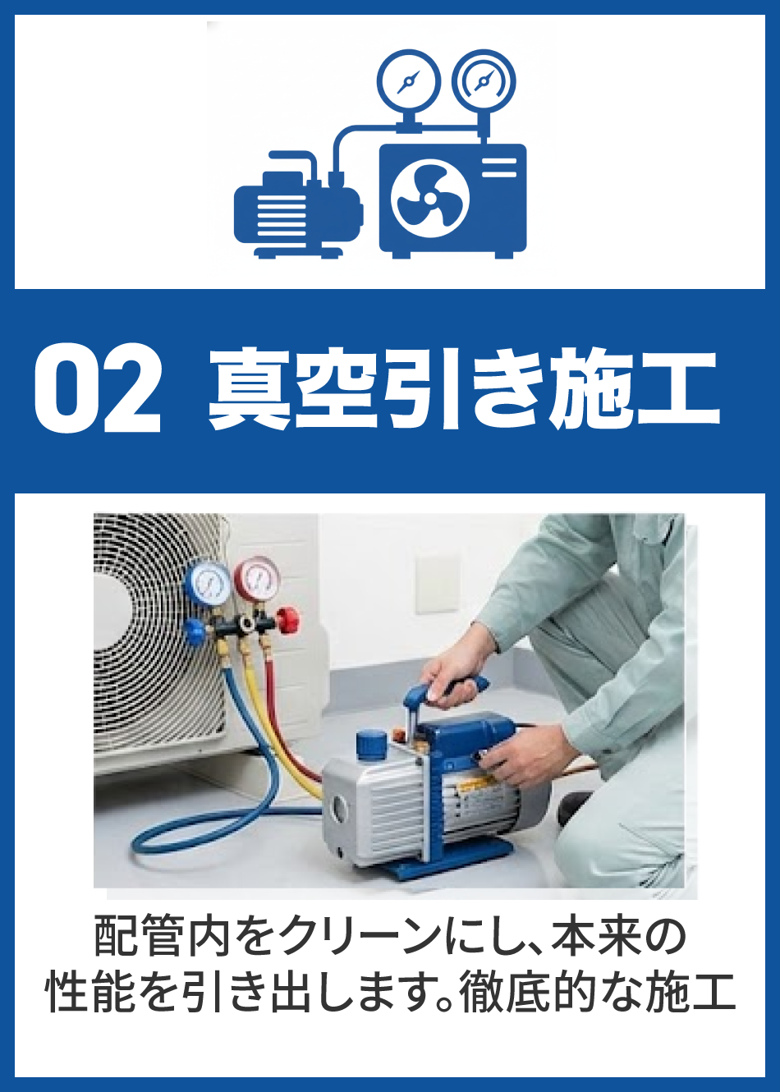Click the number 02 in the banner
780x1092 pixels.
98,388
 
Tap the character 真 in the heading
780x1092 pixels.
249,388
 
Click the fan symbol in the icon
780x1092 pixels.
430,200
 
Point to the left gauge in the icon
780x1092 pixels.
408,81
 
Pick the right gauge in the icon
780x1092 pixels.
484,81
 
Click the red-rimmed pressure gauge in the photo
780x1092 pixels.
257,577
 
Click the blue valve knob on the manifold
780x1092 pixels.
195,632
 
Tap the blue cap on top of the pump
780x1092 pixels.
371,744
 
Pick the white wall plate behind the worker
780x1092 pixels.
438,584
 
